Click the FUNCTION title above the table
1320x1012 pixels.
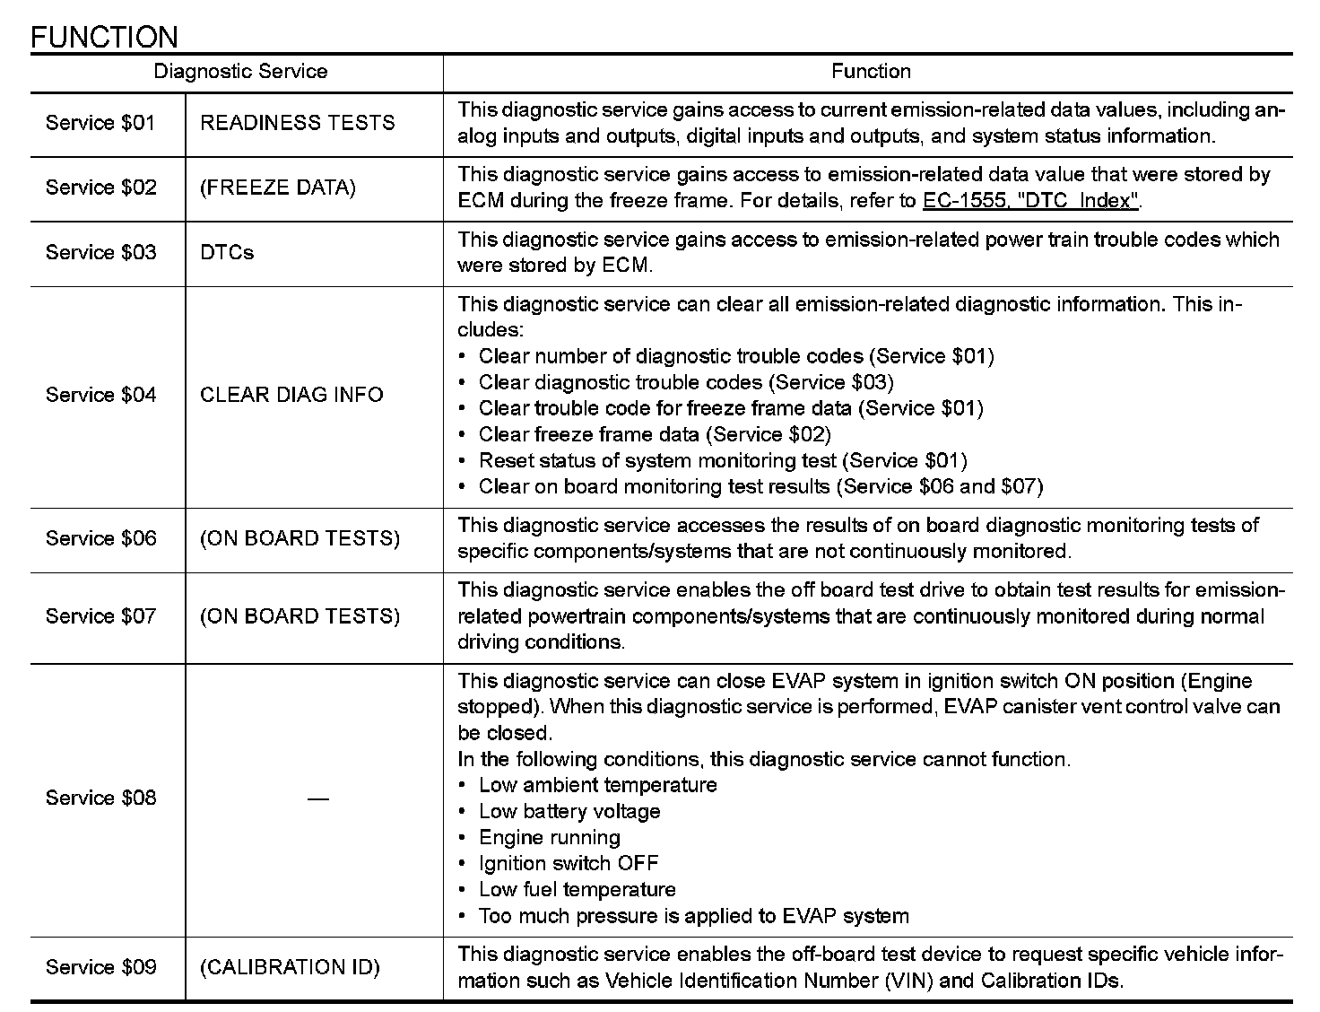tap(104, 37)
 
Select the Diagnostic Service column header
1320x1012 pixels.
tap(240, 72)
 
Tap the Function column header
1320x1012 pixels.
tap(871, 72)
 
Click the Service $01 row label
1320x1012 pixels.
tap(100, 123)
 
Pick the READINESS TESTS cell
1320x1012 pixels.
tap(297, 123)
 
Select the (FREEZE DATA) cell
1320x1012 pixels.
tap(278, 188)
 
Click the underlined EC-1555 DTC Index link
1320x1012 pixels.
tap(1031, 201)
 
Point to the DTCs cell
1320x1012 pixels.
tap(227, 253)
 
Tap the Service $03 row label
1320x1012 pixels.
tap(100, 253)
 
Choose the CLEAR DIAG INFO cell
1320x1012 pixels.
tap(291, 395)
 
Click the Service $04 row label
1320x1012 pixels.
tap(100, 395)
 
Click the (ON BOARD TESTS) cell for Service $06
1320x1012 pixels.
tap(300, 538)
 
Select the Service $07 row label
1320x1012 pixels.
tap(100, 616)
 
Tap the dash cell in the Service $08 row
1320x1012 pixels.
tap(317, 798)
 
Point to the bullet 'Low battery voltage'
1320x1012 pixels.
tap(569, 812)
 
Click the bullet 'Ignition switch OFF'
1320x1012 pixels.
tap(569, 864)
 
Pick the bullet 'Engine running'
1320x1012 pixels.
tap(549, 838)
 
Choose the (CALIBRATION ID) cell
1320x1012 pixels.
tap(290, 967)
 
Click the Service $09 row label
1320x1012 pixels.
tap(100, 967)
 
